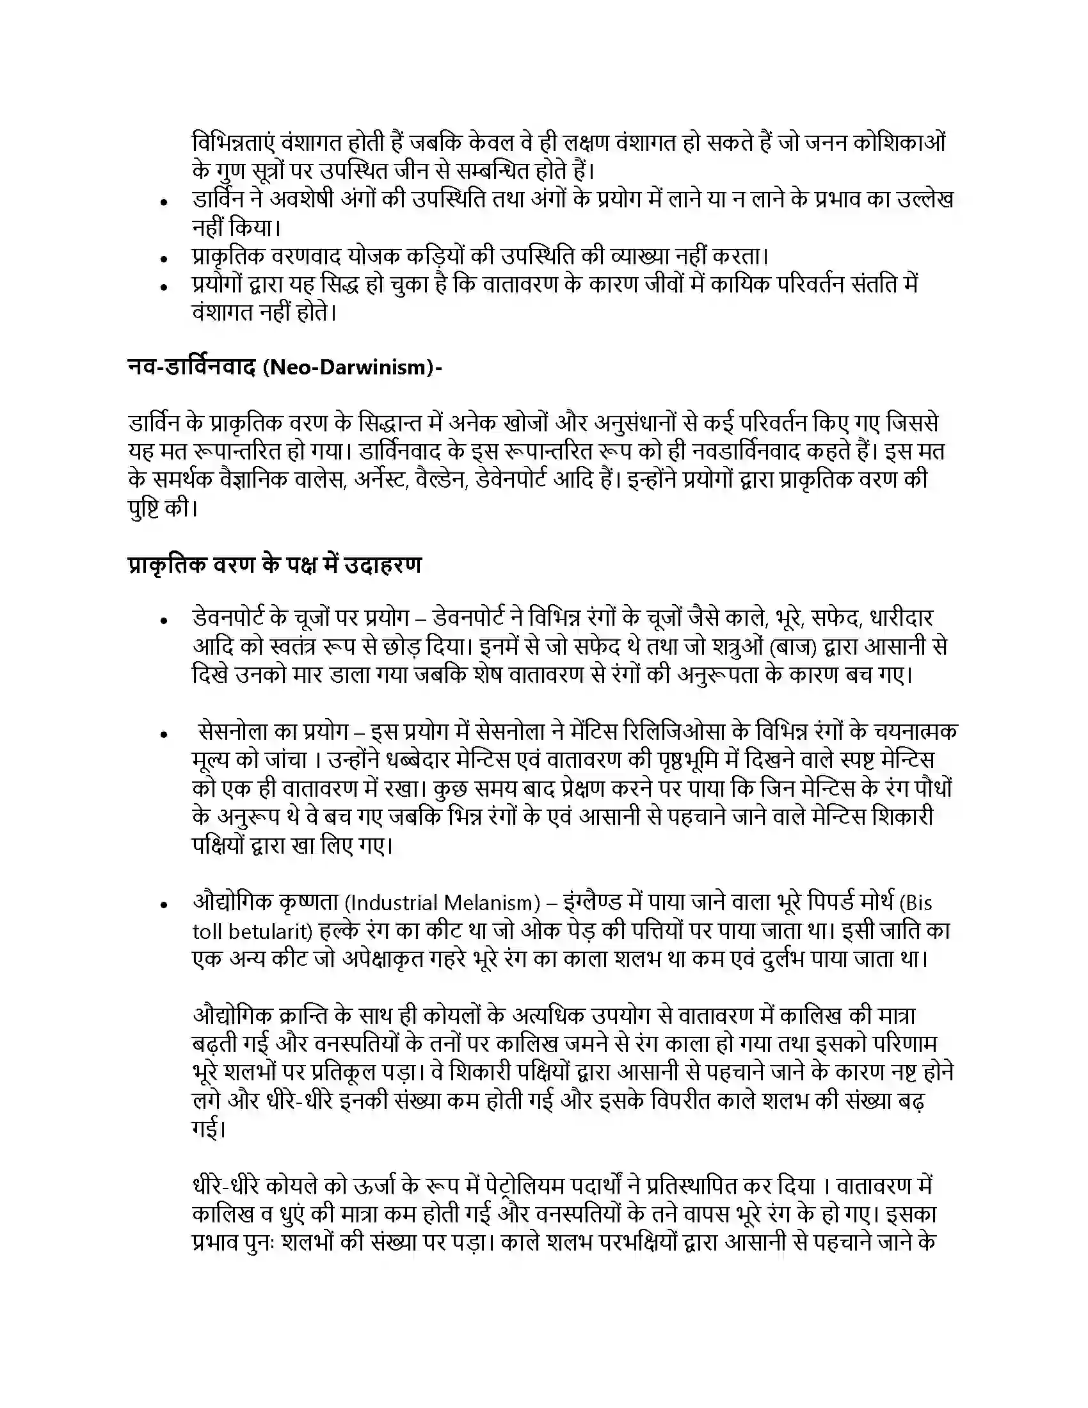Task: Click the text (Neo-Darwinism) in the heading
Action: (x=353, y=367)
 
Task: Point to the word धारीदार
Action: (x=901, y=618)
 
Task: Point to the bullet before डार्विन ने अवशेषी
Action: (x=165, y=202)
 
